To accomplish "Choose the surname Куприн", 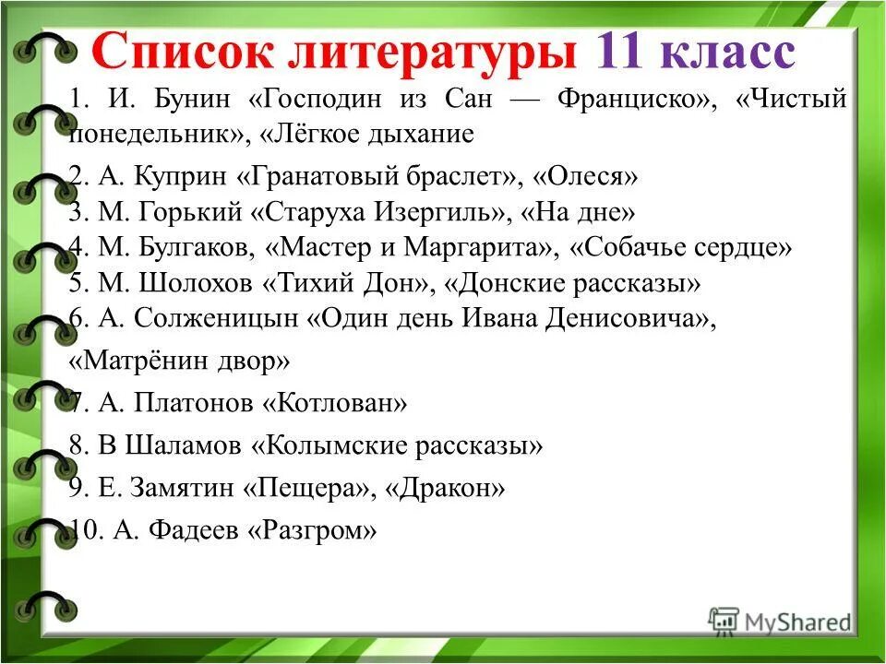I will pos(193,175).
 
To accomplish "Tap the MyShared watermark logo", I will pos(780,621).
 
